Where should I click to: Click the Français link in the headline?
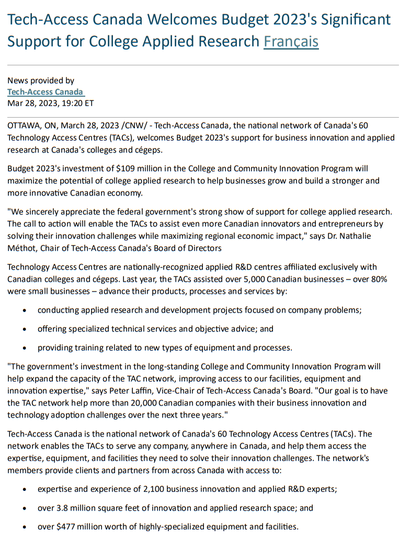291,41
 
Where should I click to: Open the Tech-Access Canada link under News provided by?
45,92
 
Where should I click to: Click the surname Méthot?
21,248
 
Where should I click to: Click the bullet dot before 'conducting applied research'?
26,311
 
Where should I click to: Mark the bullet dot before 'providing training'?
26,348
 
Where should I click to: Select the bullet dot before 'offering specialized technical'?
26,329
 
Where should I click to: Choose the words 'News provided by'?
41,81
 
